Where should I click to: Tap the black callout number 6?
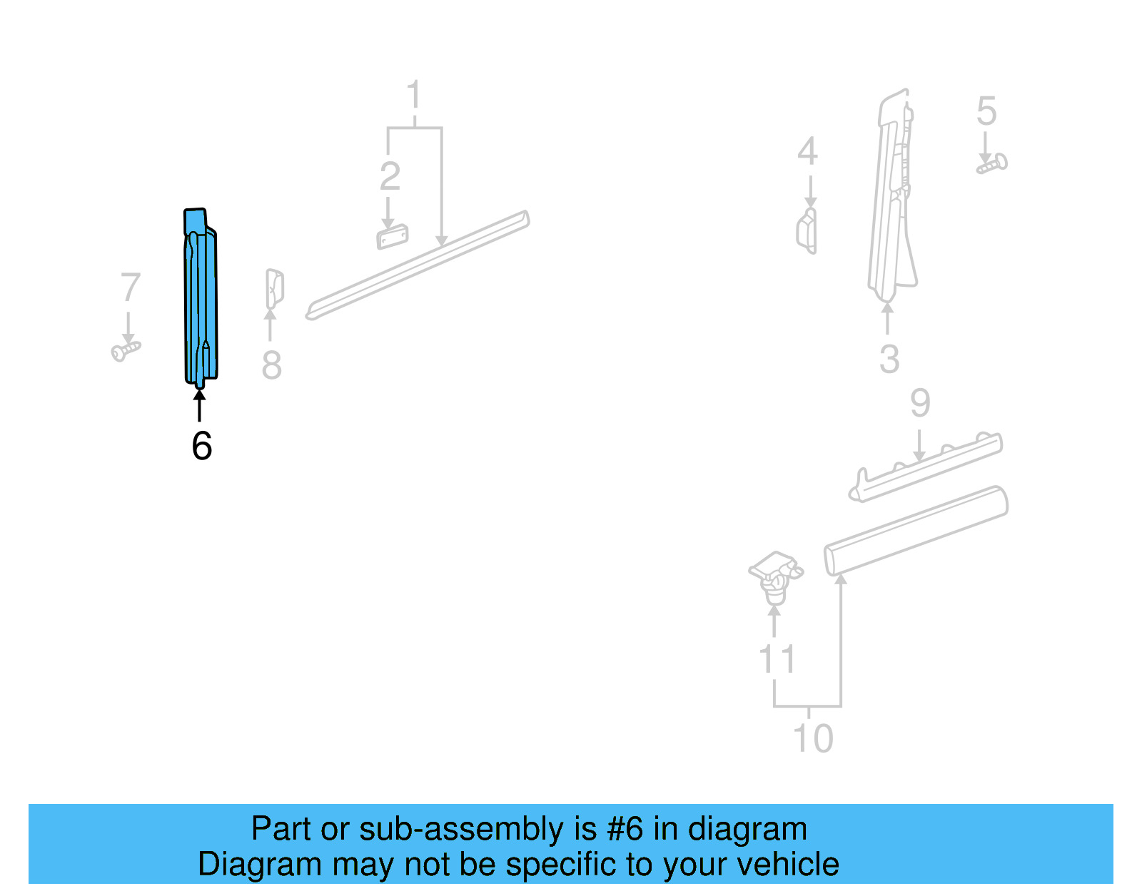[202, 447]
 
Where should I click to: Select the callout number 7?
[130, 287]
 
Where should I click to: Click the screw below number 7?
[126, 350]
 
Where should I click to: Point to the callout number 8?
[271, 365]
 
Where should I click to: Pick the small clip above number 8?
[275, 288]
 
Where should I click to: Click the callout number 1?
[414, 96]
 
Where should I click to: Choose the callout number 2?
[390, 176]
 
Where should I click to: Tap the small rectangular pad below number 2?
[393, 237]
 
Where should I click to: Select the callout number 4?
[807, 151]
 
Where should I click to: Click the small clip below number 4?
[807, 230]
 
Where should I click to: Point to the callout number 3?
[889, 359]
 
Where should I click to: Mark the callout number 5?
[986, 111]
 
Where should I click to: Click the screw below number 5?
[992, 164]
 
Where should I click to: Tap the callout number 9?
[920, 404]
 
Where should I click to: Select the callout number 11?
[777, 659]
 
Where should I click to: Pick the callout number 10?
[813, 738]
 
